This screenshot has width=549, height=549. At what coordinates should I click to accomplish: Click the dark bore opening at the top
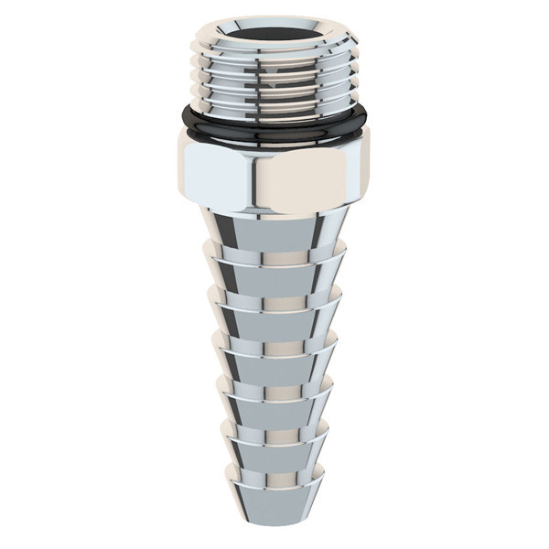pos(274,30)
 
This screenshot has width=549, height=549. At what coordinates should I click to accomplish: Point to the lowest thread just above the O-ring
pos(274,103)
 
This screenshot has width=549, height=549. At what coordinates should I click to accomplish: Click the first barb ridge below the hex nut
pos(274,259)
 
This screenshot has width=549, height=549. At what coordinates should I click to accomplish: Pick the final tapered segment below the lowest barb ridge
pos(274,503)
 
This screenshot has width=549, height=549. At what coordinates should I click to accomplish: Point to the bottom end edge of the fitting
pos(274,523)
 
